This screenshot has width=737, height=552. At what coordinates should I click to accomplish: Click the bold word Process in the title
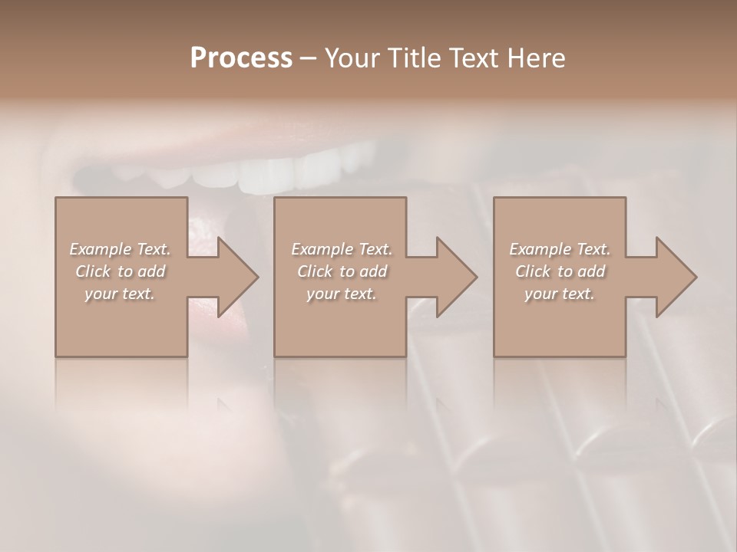point(241,58)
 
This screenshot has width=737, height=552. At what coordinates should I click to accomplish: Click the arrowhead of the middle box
point(455,277)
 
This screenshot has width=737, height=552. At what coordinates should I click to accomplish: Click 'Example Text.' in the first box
point(120,249)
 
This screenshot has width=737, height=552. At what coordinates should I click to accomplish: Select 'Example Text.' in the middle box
point(342,249)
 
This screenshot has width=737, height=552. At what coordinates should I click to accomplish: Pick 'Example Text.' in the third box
point(560,249)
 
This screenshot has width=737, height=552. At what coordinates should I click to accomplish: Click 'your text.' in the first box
point(120,294)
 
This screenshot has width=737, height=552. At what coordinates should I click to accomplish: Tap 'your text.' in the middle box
point(342,294)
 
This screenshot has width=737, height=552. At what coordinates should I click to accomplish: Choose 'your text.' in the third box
point(560,294)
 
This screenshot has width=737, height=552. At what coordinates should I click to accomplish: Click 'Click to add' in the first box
point(120,271)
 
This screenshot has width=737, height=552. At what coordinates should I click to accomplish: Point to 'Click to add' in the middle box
point(342,271)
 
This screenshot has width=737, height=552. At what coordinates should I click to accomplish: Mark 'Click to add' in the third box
point(560,271)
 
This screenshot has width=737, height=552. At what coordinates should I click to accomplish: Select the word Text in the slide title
point(471,58)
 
